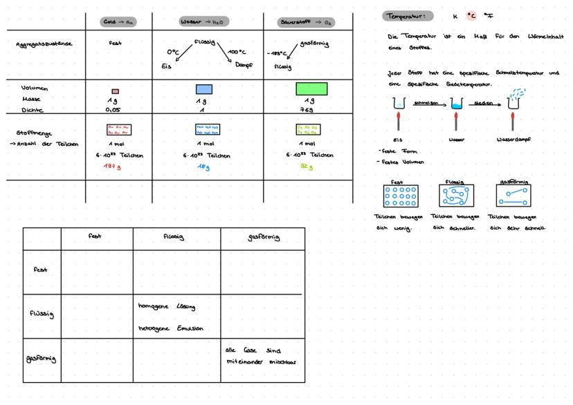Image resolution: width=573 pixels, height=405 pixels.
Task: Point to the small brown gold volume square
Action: pyautogui.click(x=116, y=91)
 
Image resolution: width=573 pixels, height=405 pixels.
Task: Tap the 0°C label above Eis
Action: pyautogui.click(x=173, y=52)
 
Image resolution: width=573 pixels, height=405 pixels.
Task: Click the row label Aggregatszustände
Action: pyautogui.click(x=44, y=44)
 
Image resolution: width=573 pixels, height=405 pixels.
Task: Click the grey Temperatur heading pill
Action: pyautogui.click(x=408, y=16)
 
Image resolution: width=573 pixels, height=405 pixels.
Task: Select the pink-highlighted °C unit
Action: pyautogui.click(x=471, y=15)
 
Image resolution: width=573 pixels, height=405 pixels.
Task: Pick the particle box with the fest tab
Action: pyautogui.click(x=397, y=197)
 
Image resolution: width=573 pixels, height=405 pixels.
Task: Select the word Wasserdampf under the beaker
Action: pyautogui.click(x=513, y=139)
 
